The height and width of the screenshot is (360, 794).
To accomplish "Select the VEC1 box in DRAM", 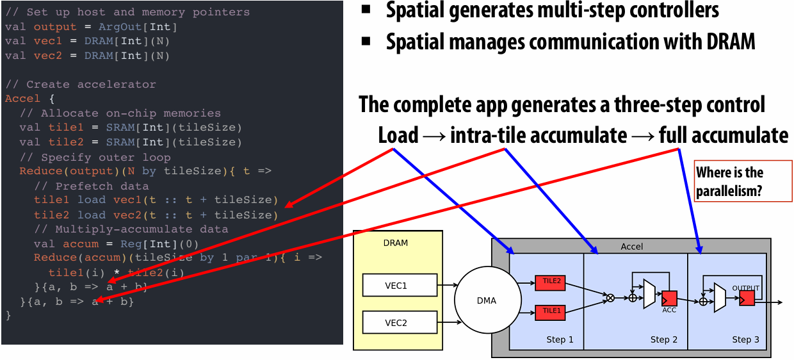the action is click(400, 285).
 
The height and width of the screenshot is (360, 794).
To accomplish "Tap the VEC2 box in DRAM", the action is click(400, 322).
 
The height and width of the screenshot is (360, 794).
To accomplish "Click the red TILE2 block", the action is click(550, 283).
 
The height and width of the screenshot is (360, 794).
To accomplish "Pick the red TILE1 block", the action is click(550, 313).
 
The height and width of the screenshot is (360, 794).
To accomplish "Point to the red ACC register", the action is click(669, 299).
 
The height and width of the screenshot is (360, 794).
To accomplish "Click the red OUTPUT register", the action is click(747, 299).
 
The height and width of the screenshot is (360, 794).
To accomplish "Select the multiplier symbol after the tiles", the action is click(610, 299).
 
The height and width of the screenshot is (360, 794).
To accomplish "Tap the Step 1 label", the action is click(560, 340).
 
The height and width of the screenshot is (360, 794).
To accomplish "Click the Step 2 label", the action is click(663, 340).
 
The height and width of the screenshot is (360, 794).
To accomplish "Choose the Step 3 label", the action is click(745, 340).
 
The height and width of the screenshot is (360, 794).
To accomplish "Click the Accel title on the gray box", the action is click(631, 247).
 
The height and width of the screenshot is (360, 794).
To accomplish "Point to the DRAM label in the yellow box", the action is click(396, 243).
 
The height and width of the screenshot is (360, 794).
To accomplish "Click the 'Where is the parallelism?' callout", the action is click(743, 181).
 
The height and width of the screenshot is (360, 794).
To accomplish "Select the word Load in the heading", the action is click(398, 136).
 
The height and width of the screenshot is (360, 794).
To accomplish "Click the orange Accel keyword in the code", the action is click(22, 99).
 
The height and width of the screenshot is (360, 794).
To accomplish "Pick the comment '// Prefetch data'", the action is click(92, 186).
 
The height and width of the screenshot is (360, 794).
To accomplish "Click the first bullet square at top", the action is click(366, 9).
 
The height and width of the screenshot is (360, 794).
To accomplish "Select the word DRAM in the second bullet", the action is click(731, 42).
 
